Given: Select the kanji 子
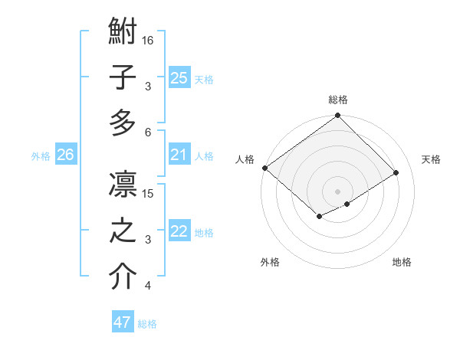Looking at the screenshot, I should (x=123, y=78).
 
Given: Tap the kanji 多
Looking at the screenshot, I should (x=123, y=123).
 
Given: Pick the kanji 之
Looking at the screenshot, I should (x=123, y=231).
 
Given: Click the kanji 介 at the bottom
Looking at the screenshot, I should (x=123, y=276).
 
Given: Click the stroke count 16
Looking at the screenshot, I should (x=149, y=40).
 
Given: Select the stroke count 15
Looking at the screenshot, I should (x=149, y=193).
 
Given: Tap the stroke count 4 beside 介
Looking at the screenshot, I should (x=148, y=286).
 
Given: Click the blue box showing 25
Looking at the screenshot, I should (x=179, y=77).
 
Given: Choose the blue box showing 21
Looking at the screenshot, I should (x=179, y=155).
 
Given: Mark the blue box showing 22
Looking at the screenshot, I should (x=179, y=232).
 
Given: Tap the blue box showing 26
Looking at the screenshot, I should (x=65, y=155).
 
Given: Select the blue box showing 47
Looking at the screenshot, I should (x=123, y=322).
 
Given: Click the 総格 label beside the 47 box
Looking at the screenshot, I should (x=147, y=324).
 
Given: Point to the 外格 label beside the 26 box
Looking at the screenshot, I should (x=41, y=156).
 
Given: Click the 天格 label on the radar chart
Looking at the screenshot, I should (x=431, y=159).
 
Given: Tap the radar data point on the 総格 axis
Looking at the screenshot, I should (x=337, y=116).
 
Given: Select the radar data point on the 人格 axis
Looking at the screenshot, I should (x=264, y=168).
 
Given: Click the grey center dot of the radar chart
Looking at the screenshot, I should (x=337, y=190).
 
